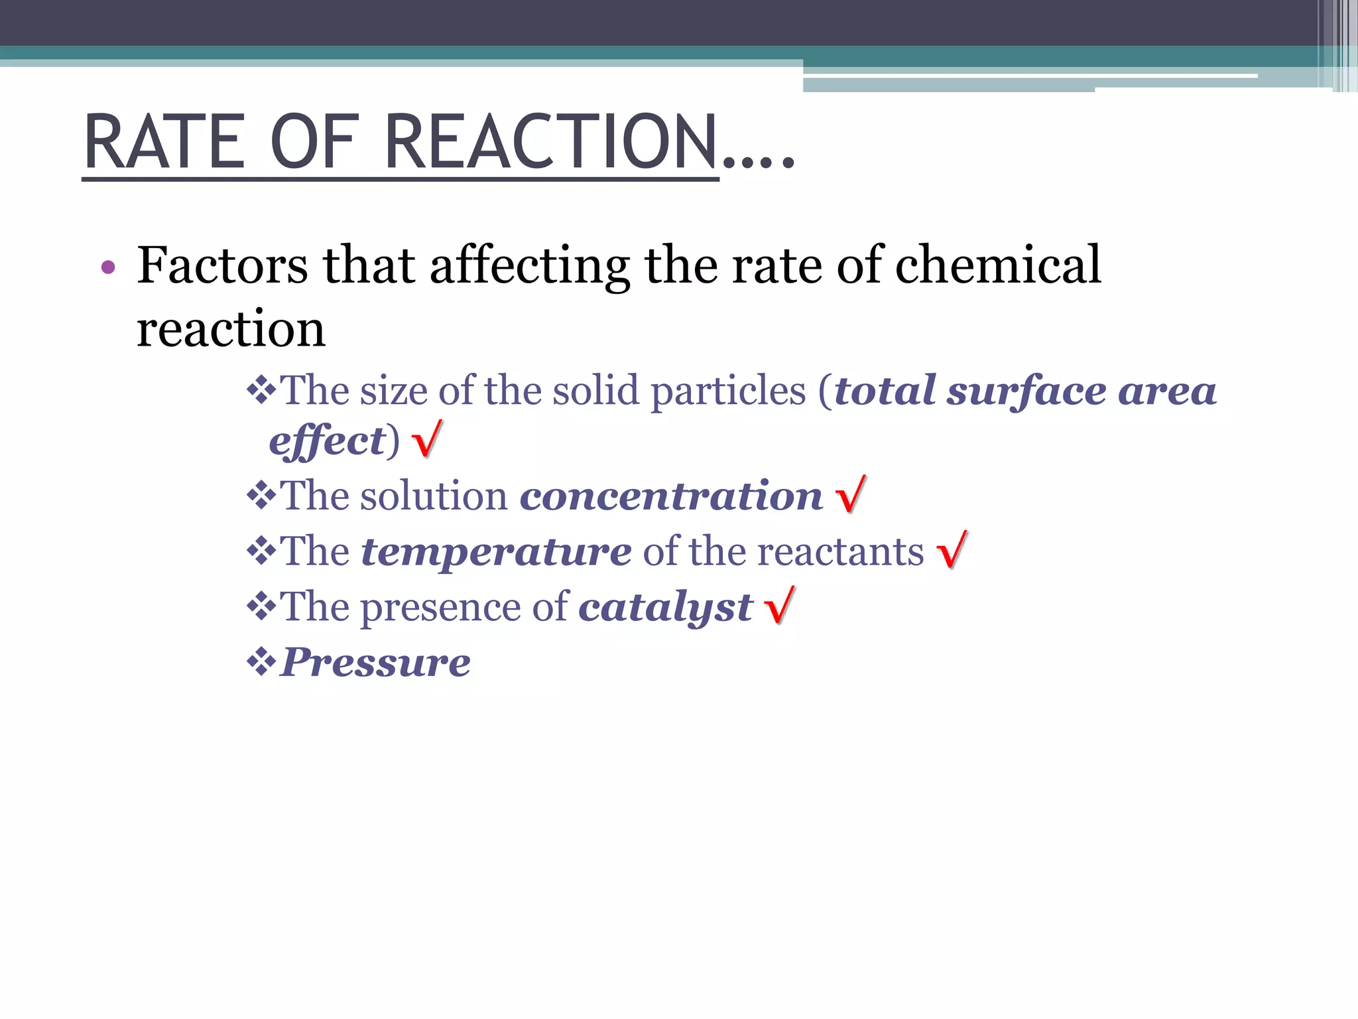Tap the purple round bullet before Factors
tap(108, 268)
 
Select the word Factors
tap(222, 265)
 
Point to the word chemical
tap(998, 265)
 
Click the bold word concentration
tap(671, 496)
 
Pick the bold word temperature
tap(496, 552)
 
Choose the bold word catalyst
tap(665, 608)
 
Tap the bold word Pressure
tap(375, 662)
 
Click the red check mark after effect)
tap(427, 439)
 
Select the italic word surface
tap(1026, 391)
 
